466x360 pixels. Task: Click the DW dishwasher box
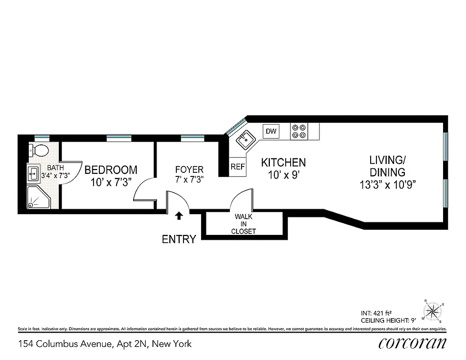click(271, 131)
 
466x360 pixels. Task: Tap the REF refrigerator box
click(237, 166)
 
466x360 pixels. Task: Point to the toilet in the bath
click(39, 150)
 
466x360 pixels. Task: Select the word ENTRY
click(179, 239)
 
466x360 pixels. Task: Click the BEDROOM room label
click(111, 170)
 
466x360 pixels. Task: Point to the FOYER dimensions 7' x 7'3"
click(189, 179)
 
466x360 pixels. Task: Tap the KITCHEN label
click(283, 162)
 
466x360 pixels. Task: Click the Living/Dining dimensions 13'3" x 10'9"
click(387, 184)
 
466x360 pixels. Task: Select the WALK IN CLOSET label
click(243, 224)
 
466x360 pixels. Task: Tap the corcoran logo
click(412, 343)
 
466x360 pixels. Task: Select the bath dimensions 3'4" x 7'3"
click(55, 175)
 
